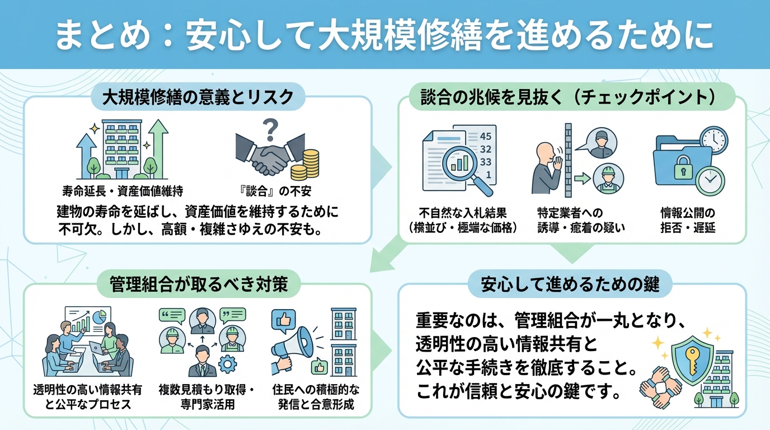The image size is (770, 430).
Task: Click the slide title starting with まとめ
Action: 384,35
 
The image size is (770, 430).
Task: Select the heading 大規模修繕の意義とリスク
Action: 198,97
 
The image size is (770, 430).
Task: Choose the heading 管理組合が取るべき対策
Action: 199,284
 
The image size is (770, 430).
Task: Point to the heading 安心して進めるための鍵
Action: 570,284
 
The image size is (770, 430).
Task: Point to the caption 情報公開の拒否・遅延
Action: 688,221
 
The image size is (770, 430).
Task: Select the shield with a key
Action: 692,353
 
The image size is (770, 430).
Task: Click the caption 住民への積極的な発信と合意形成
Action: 316,396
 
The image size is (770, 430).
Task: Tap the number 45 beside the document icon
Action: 485,136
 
